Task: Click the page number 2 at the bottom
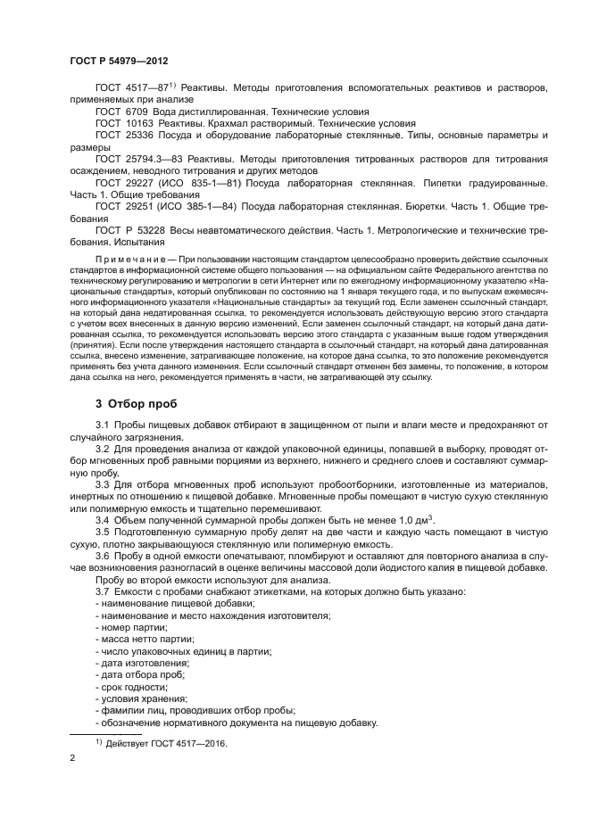coord(72,758)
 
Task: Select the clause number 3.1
coord(102,425)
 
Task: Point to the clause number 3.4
coord(102,519)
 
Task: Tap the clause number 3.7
coord(102,592)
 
